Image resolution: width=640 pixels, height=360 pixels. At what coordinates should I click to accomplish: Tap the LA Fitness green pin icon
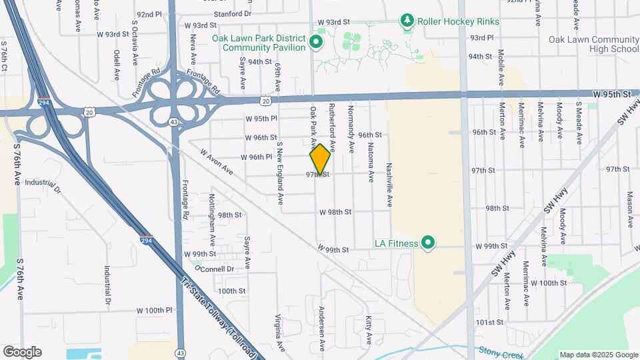click(x=428, y=243)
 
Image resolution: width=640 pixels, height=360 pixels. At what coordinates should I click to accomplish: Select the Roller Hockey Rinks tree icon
click(x=407, y=21)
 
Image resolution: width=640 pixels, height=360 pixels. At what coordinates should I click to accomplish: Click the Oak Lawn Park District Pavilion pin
click(x=317, y=45)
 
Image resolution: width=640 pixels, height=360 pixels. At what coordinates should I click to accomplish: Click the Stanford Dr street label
click(x=233, y=13)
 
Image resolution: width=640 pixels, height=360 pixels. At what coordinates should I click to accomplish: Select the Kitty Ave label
click(x=368, y=331)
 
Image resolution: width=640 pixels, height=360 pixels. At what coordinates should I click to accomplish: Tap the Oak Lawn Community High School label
click(x=593, y=45)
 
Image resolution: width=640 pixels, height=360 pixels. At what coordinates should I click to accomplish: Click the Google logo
click(x=22, y=351)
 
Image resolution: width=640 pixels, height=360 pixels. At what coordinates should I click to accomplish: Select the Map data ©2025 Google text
click(x=598, y=355)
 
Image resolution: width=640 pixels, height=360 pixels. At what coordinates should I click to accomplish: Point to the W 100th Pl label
click(x=155, y=311)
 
